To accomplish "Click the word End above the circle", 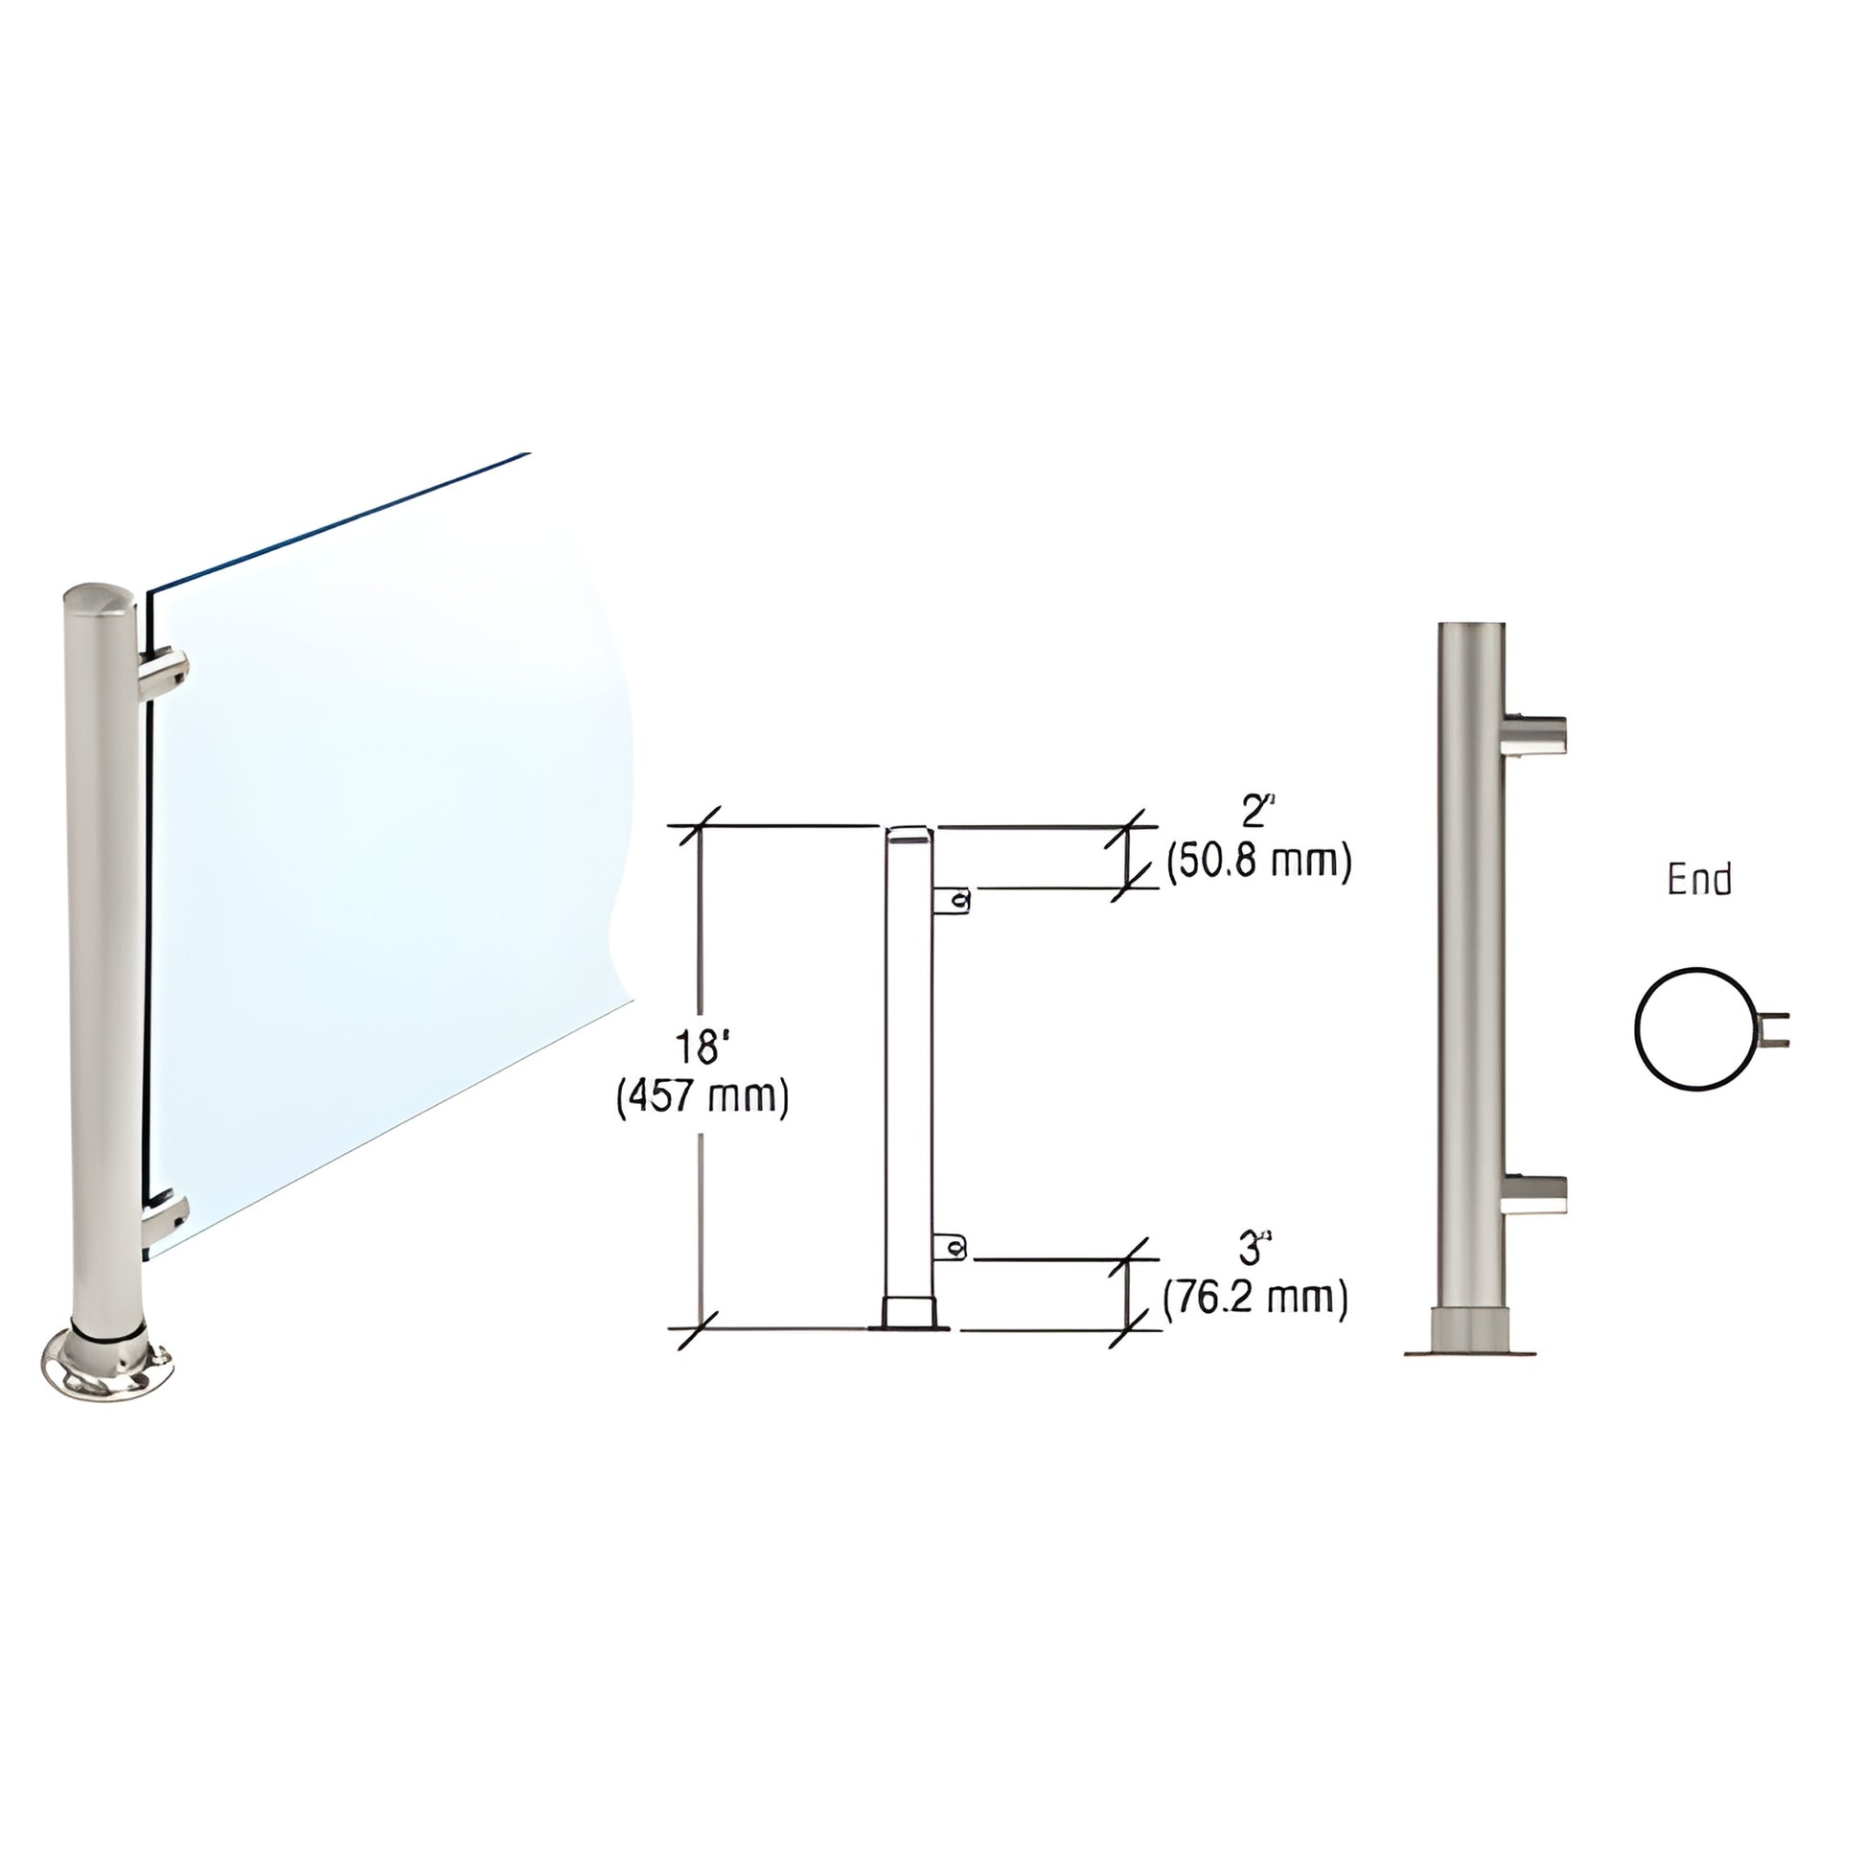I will coord(1699,880).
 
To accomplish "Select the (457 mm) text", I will coord(702,1098).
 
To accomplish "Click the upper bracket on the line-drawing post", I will coord(952,900).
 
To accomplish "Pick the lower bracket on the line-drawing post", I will coord(951,1247).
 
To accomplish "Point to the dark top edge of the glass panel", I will coord(338,521).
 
